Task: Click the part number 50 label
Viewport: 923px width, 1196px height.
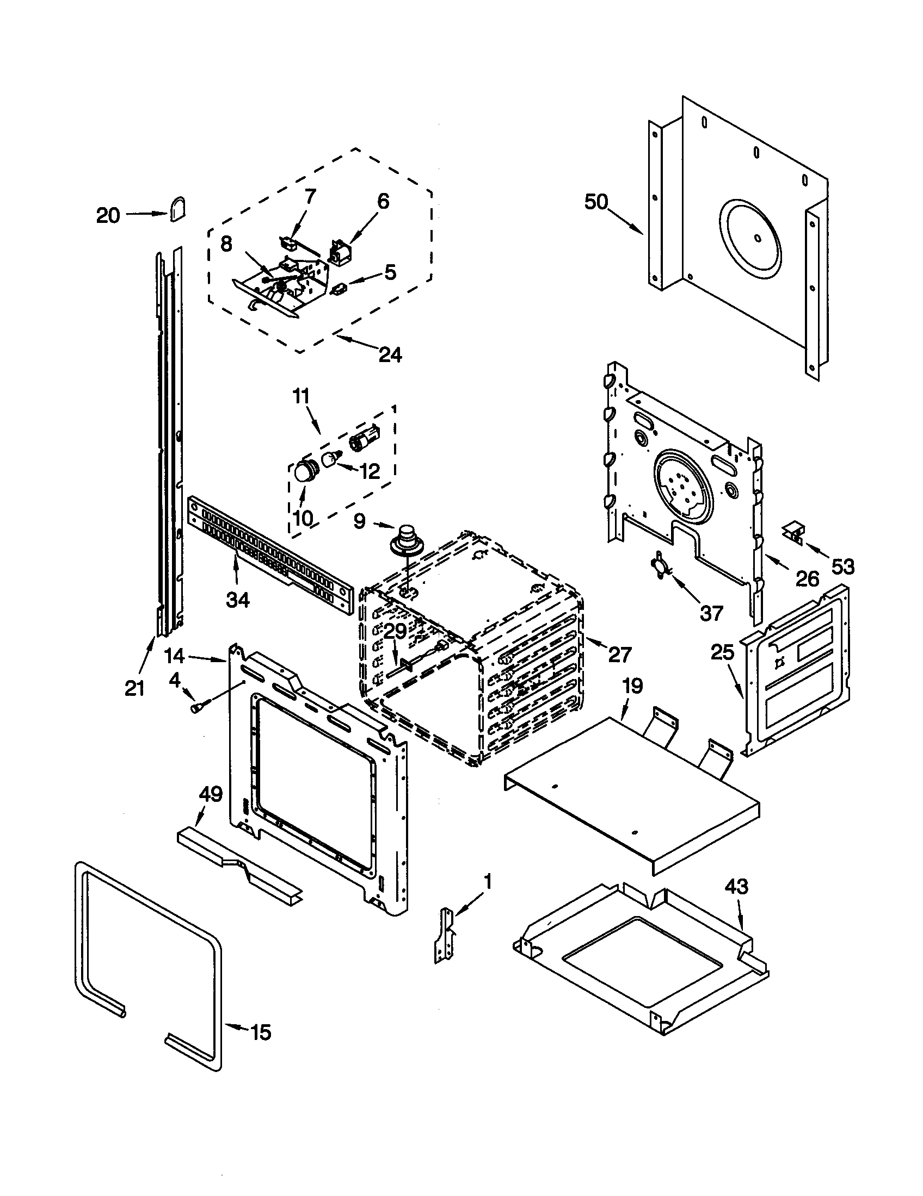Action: pos(596,202)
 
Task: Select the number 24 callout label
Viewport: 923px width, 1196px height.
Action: pos(390,355)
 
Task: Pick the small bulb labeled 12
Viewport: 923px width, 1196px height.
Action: pos(330,459)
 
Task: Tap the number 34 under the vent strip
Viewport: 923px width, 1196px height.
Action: pos(238,600)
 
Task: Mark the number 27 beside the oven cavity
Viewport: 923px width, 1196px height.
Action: pos(619,655)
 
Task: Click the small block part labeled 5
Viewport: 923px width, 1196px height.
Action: pos(339,289)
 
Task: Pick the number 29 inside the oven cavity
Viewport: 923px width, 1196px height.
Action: pos(395,631)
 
